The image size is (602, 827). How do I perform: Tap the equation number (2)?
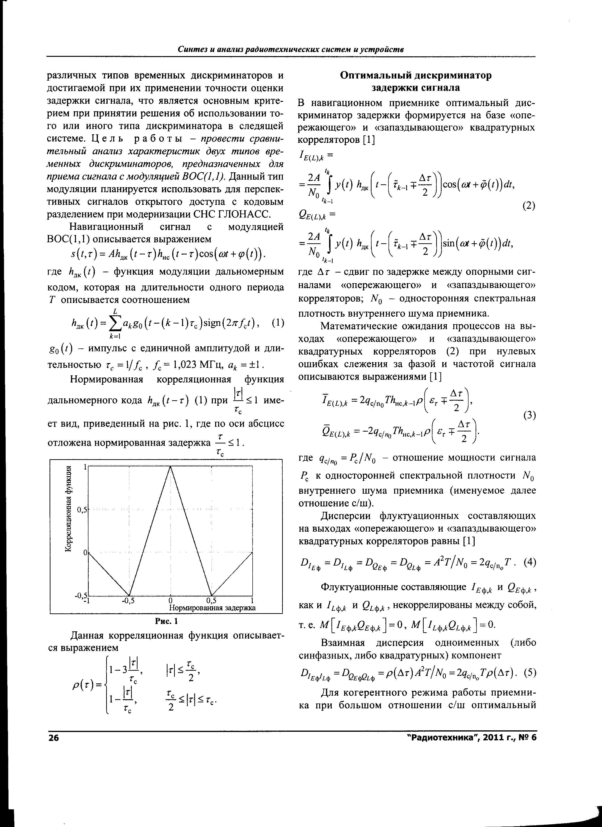click(529, 206)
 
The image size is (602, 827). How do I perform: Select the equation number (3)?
click(529, 415)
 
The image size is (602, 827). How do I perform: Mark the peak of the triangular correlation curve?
click(170, 467)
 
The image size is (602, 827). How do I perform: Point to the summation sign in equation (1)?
click(115, 322)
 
